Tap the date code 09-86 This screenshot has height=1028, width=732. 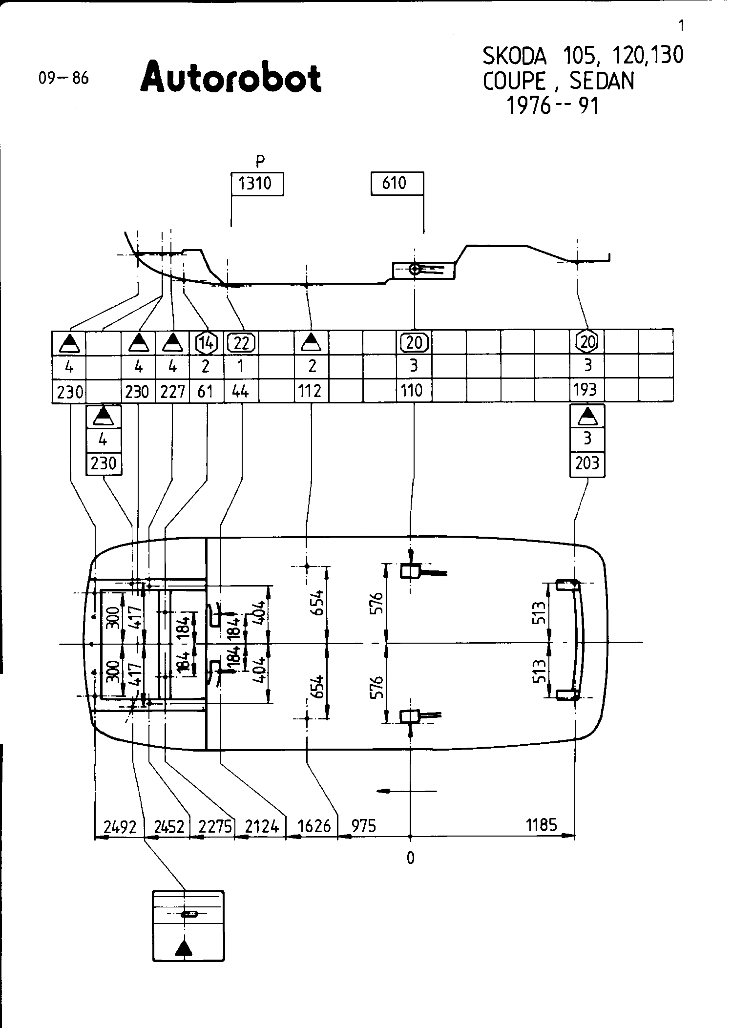tap(64, 78)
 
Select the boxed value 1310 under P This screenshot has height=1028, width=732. tap(257, 184)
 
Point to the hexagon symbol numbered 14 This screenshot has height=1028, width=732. tap(207, 343)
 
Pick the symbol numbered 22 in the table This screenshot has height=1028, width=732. tap(242, 343)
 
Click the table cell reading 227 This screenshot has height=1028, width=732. tap(172, 391)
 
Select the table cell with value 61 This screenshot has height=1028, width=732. tap(206, 391)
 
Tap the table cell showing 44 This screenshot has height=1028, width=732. tap(241, 391)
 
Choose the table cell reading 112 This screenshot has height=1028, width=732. tap(311, 391)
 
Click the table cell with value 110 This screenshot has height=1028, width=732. tap(413, 391)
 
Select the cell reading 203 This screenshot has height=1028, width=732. tap(587, 463)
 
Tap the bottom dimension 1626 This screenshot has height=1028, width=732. tap(314, 827)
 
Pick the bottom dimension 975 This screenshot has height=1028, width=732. tap(364, 826)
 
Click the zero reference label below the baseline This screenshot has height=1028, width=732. tap(411, 859)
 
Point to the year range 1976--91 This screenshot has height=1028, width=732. tap(553, 105)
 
